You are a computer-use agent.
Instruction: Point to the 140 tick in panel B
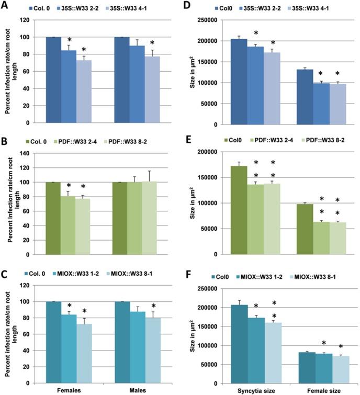36,153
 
